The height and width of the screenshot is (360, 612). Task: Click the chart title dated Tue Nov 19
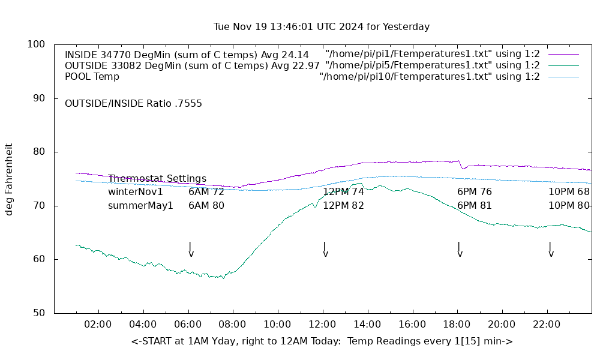click(322, 27)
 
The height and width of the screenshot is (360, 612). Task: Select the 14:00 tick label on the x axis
click(367, 325)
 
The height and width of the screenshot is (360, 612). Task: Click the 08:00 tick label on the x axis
click(232, 325)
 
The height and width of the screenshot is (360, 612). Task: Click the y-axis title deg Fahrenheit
click(9, 179)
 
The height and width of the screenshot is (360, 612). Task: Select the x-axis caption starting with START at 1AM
click(322, 341)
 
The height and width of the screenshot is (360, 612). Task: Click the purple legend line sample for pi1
click(563, 54)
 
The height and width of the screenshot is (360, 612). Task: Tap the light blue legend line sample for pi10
click(563, 77)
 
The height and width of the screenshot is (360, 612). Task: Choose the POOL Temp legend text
click(92, 77)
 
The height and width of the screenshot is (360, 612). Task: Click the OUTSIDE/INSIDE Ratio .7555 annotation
click(133, 104)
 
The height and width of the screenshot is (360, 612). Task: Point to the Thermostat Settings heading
click(157, 179)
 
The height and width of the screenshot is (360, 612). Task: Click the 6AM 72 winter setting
click(206, 192)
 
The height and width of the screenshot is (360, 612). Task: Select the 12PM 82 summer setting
click(343, 206)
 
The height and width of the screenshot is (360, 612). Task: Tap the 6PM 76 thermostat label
click(474, 192)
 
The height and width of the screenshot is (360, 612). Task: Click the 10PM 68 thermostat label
click(569, 192)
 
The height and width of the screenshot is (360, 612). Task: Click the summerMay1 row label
click(140, 206)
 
